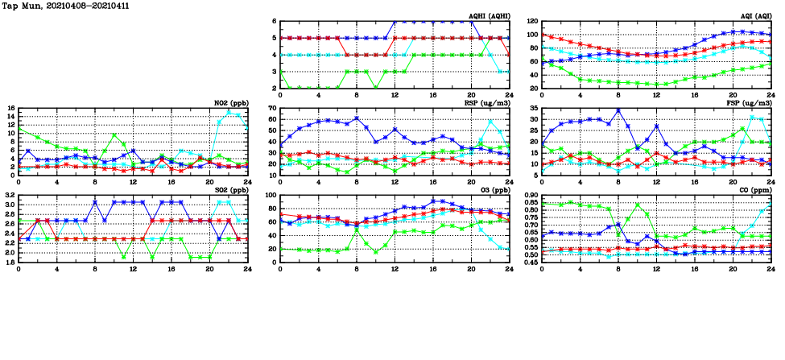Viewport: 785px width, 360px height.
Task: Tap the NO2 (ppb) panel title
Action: [232, 103]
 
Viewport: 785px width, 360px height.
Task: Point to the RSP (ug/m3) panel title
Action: [486, 103]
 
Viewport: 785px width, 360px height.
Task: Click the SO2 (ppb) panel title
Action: [232, 190]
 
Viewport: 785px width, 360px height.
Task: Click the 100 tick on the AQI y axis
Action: [531, 35]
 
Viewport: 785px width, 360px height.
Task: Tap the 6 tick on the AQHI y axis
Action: [274, 22]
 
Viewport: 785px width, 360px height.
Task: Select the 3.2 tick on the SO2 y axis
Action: [9, 196]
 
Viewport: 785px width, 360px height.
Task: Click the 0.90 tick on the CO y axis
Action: [529, 196]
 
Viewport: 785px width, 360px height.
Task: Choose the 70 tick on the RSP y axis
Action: [271, 109]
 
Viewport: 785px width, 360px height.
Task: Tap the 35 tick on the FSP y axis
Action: [533, 109]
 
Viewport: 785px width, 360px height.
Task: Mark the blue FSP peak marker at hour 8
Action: [618, 110]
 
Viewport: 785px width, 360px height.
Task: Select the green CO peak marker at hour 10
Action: [638, 205]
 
